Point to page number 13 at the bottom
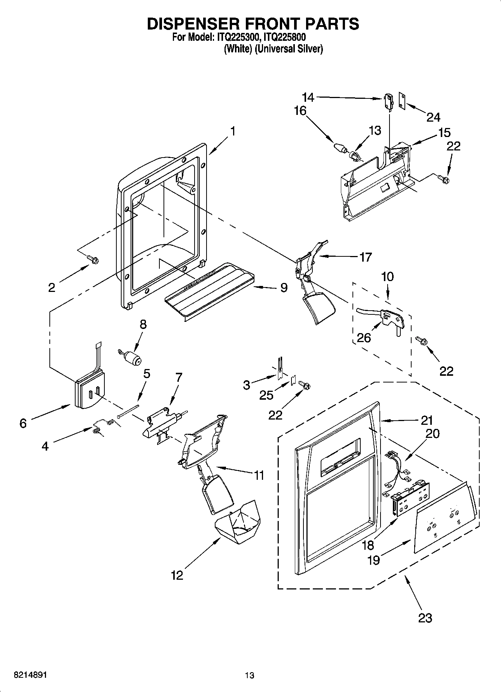[x=250, y=675]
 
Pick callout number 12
[x=177, y=575]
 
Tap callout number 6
[x=23, y=423]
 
